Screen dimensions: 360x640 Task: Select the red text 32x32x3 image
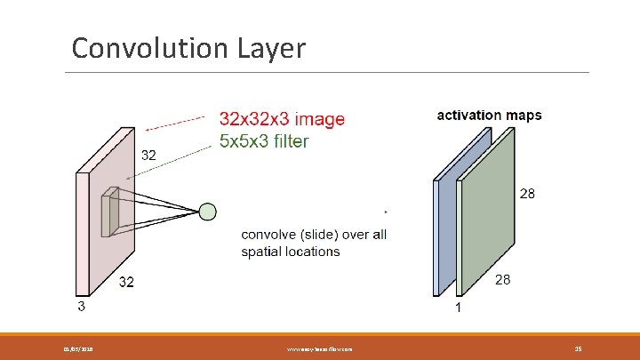coord(282,119)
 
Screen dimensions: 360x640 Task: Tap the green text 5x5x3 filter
coord(264,141)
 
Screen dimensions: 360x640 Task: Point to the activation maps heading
coord(489,116)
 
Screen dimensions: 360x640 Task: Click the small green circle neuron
coord(207,212)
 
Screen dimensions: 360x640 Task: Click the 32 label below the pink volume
coord(128,283)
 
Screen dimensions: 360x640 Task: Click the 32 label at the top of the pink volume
coord(148,155)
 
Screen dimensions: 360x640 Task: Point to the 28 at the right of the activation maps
coord(527,194)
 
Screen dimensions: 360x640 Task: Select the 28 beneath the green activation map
coord(503,280)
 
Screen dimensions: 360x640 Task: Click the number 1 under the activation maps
coord(457,308)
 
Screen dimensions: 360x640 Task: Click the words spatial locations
coord(291,252)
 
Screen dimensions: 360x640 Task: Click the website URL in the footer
coord(319,349)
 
